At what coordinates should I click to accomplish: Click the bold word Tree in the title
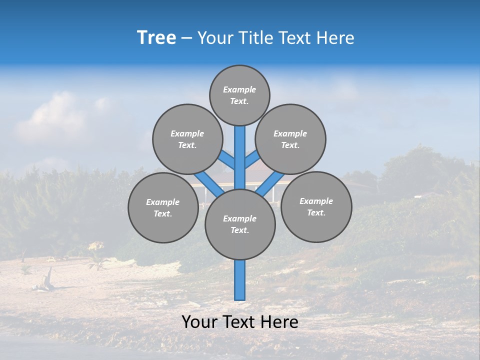tap(156, 38)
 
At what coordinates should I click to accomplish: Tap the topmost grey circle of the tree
tap(239, 95)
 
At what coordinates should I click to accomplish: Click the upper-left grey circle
tap(187, 139)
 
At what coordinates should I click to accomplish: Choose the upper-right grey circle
tap(290, 139)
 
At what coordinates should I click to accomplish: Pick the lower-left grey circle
tap(163, 207)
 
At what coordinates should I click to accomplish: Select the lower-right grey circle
tap(316, 206)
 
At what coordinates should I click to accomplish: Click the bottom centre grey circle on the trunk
tap(240, 224)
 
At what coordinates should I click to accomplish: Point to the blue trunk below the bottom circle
tap(240, 280)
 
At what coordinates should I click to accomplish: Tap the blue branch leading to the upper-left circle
tap(227, 160)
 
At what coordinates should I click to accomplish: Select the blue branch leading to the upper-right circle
tap(252, 160)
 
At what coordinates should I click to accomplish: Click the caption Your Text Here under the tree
tap(239, 322)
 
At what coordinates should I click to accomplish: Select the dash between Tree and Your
tap(186, 38)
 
